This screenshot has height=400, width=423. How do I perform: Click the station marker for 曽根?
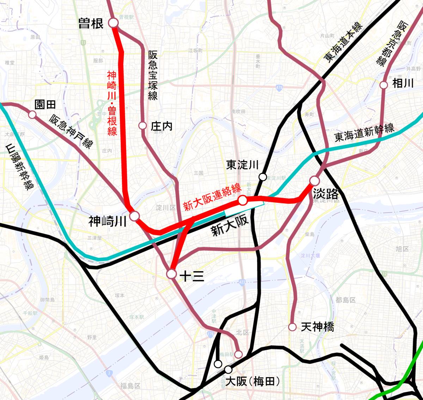(x=113, y=23)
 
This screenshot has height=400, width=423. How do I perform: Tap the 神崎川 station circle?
(x=134, y=216)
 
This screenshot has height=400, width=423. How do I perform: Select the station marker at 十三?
(x=171, y=274)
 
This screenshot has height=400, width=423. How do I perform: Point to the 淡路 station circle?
(x=314, y=181)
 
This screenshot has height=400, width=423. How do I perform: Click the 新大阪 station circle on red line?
(x=243, y=200)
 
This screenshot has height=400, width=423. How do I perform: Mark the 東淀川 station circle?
(x=263, y=177)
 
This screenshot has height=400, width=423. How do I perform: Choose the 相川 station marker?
(x=384, y=85)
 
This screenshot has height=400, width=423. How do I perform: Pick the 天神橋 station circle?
(x=292, y=327)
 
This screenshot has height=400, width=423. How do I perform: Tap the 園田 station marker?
(x=32, y=114)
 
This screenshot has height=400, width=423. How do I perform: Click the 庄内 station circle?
(x=142, y=126)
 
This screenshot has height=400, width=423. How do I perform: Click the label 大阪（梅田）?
(x=252, y=381)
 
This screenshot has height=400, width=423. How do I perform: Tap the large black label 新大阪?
(x=230, y=226)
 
